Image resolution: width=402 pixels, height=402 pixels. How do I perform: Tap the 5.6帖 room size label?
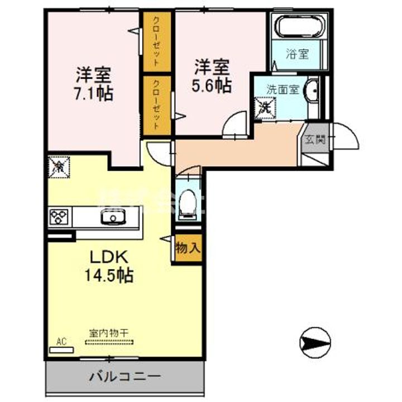(212, 85)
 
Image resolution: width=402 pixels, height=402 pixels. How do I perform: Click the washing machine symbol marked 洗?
(265, 106)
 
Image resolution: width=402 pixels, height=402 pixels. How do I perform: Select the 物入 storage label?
(188, 247)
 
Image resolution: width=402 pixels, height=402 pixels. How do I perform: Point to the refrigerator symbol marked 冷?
(59, 166)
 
